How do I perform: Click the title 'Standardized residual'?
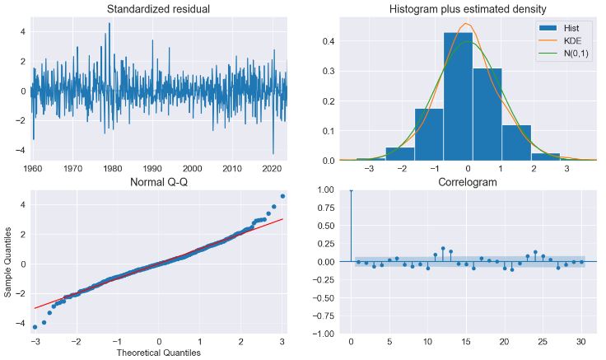158,9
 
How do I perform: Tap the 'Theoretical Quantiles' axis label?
158,353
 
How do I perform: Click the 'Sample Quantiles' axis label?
8,262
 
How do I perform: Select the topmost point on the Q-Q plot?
282,196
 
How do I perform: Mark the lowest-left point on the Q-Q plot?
35,327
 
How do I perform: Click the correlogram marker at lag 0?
351,189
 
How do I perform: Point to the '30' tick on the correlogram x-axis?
581,341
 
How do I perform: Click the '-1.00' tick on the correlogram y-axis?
330,334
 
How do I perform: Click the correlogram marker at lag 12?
443,248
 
